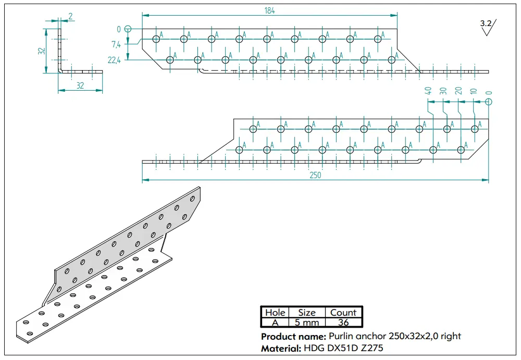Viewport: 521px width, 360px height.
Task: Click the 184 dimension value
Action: (269, 10)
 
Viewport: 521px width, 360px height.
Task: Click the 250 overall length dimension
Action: (315, 175)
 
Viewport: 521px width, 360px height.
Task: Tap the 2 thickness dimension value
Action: (70, 16)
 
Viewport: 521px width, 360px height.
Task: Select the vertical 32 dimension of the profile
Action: (42, 51)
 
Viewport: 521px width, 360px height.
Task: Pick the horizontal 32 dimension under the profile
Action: (80, 86)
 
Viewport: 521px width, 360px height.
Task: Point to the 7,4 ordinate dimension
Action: (116, 44)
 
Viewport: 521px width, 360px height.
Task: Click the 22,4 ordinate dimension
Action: (114, 60)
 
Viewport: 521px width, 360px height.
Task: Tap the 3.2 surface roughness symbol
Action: (488, 27)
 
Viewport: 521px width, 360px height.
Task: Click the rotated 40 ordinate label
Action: (428, 91)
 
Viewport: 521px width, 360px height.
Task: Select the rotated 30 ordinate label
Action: (443, 91)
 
